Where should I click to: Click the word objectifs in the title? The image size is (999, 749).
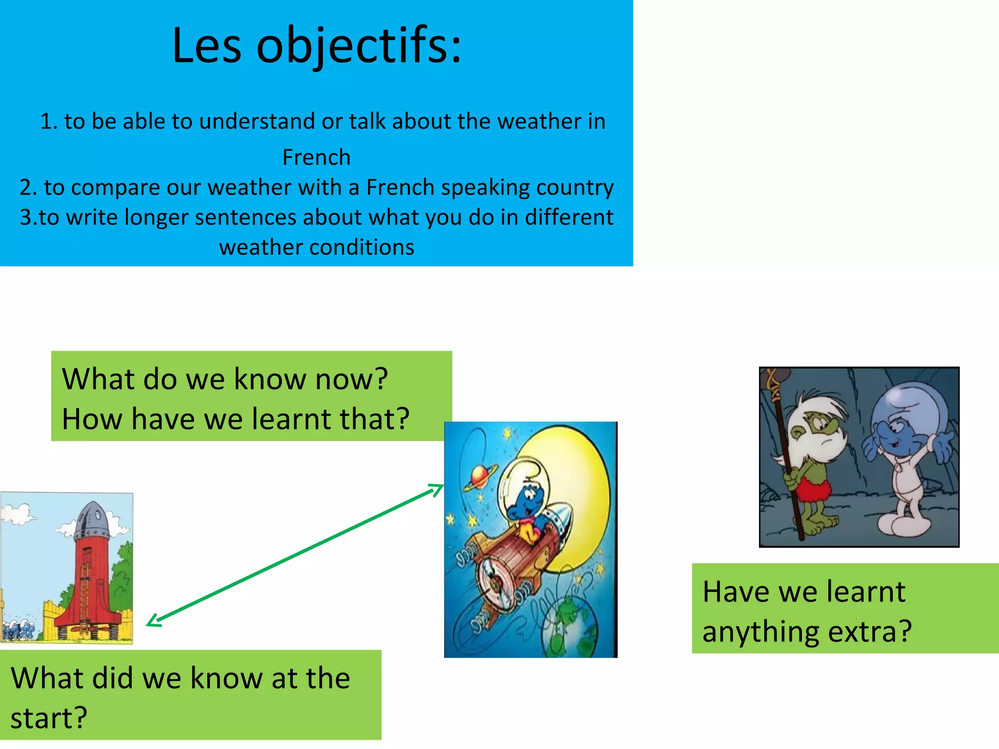pyautogui.click(x=359, y=46)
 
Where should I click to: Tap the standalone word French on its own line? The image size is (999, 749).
pyautogui.click(x=317, y=158)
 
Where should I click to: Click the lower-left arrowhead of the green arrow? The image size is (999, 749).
pyautogui.click(x=154, y=621)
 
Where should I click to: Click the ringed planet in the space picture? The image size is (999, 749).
pyautogui.click(x=480, y=475)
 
